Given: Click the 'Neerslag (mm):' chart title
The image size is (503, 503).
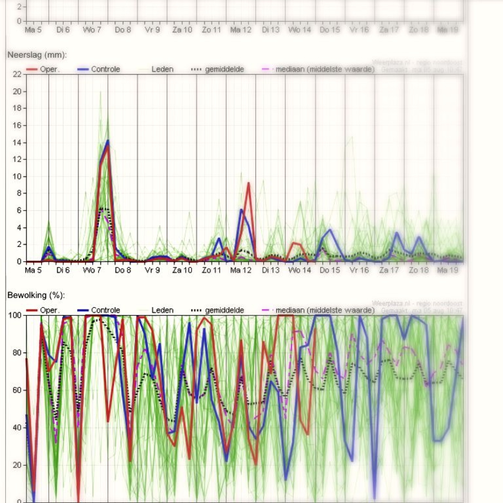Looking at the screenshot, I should (37, 55).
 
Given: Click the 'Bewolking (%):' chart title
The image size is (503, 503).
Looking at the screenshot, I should (36, 295).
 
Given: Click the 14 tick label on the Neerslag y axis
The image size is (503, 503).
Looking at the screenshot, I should (17, 143).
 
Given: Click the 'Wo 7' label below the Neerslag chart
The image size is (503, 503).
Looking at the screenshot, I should (92, 270).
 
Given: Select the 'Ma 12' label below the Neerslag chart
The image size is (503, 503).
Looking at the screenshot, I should (241, 270).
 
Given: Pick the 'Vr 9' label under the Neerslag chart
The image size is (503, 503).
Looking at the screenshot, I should (152, 270).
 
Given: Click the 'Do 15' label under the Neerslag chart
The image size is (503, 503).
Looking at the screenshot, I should (330, 270).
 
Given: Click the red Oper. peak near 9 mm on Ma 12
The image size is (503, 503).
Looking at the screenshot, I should (249, 183).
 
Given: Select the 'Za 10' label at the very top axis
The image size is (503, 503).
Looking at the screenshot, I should (182, 30).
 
